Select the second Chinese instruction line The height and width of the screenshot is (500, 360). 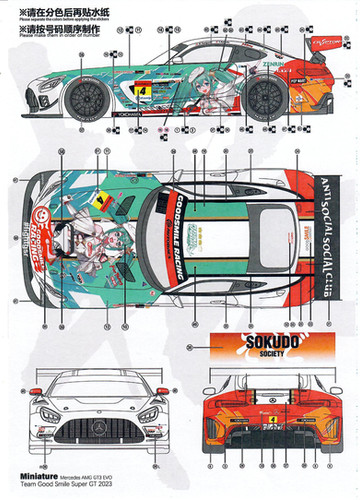coord(59,30)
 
